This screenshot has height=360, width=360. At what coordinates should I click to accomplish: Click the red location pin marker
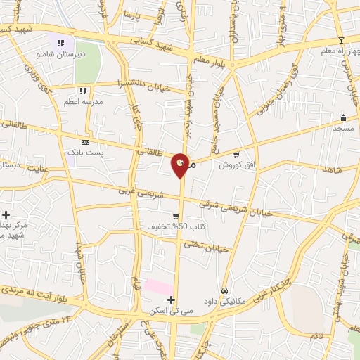pyautogui.click(x=181, y=164)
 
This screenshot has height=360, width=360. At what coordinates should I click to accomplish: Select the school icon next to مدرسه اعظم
pyautogui.click(x=83, y=91)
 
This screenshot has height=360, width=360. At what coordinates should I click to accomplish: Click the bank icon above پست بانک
pyautogui.click(x=86, y=141)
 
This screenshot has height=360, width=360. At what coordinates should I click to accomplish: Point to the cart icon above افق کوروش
pyautogui.click(x=236, y=154)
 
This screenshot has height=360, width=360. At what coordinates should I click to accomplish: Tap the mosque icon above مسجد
pyautogui.click(x=344, y=117)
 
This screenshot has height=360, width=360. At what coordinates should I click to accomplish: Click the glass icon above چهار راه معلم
pyautogui.click(x=341, y=40)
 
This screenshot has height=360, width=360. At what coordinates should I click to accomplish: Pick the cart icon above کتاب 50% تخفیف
pyautogui.click(x=176, y=216)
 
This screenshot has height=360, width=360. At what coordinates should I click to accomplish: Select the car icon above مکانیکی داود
pyautogui.click(x=224, y=290)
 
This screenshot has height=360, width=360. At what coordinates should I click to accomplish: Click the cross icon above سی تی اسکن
pyautogui.click(x=171, y=300)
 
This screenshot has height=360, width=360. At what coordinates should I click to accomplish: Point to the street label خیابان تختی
pyautogui.click(x=207, y=246)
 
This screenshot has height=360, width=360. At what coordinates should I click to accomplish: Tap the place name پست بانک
pyautogui.click(x=85, y=152)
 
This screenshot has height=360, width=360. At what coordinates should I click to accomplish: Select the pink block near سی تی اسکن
pyautogui.click(x=157, y=287)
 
